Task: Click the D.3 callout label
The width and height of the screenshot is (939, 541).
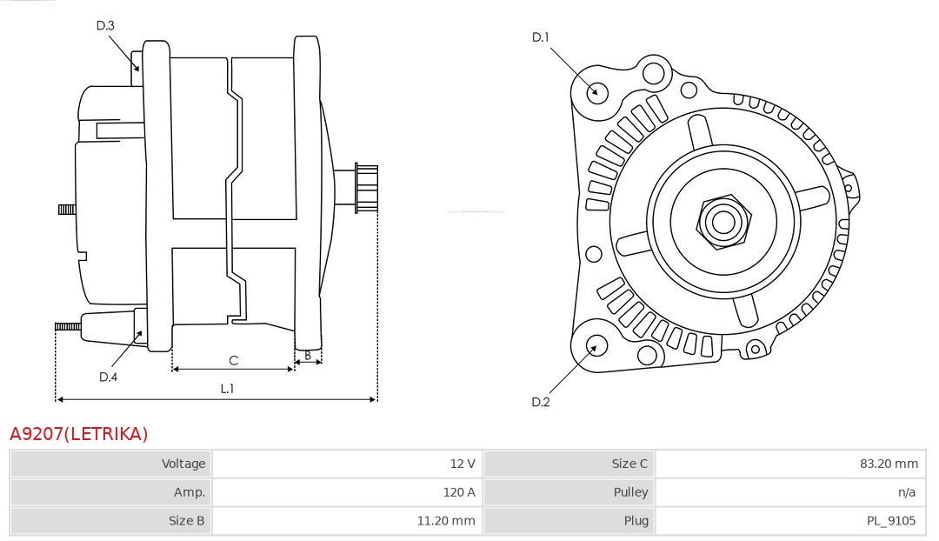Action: pyautogui.click(x=105, y=25)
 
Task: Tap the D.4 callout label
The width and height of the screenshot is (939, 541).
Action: pyautogui.click(x=108, y=377)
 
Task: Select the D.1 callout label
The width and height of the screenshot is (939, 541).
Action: pyautogui.click(x=541, y=37)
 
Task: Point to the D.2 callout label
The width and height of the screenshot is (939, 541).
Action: pyautogui.click(x=541, y=402)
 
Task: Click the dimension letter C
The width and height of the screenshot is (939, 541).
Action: pyautogui.click(x=233, y=360)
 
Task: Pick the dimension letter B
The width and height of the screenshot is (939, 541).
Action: pyautogui.click(x=308, y=355)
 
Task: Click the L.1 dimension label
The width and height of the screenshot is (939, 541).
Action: pyautogui.click(x=227, y=389)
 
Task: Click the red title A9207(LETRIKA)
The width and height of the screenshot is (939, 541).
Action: pyautogui.click(x=79, y=433)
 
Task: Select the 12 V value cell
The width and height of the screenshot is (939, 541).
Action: pyautogui.click(x=463, y=464)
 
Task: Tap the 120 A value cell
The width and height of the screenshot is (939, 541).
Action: pyautogui.click(x=459, y=492)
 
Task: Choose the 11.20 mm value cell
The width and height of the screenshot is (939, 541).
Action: pyautogui.click(x=452, y=521)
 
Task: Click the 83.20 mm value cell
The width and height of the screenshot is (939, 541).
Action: pyautogui.click(x=888, y=464)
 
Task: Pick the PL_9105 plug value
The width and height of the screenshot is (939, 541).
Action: pyautogui.click(x=891, y=521)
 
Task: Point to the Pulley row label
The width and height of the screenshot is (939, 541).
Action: pyautogui.click(x=631, y=492)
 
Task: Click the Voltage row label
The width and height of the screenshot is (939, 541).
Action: pyautogui.click(x=183, y=464)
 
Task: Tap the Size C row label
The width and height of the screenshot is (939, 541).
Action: pyautogui.click(x=629, y=464)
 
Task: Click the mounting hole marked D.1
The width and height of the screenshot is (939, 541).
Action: pyautogui.click(x=596, y=90)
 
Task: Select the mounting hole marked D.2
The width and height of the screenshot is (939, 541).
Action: pyautogui.click(x=596, y=346)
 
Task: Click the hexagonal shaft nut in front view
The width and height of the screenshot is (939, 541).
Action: pyautogui.click(x=722, y=222)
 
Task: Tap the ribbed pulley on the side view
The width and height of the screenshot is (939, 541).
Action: pyautogui.click(x=366, y=187)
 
